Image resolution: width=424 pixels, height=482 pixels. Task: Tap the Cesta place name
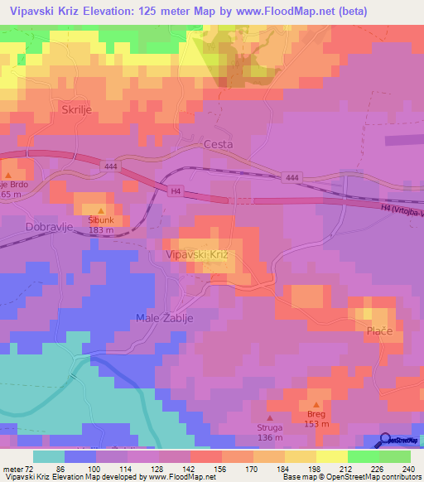coord(218,144)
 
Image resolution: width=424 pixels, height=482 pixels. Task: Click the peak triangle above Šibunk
coord(101,210)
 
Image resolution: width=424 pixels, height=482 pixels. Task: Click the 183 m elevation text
coord(101,231)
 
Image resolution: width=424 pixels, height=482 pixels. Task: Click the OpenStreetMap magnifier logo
coord(387,441)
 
